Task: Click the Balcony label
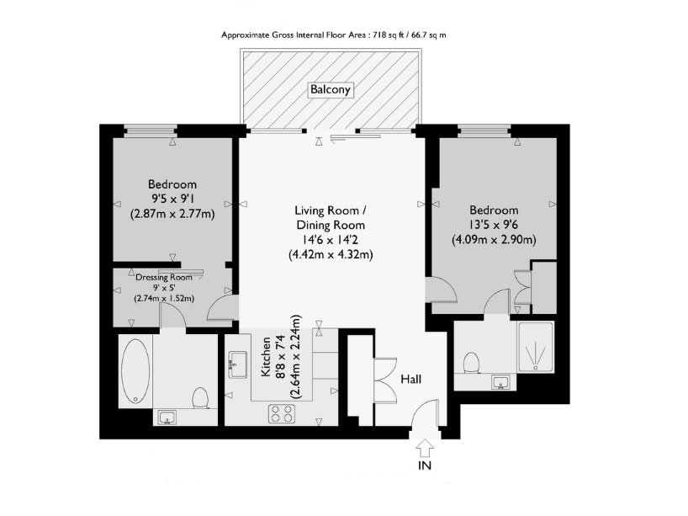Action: [x=330, y=89]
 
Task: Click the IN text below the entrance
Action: [x=425, y=465]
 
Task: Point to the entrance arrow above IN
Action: [x=425, y=445]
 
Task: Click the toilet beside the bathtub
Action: [x=200, y=396]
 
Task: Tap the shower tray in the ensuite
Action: [x=535, y=347]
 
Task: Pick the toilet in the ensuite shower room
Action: [x=471, y=362]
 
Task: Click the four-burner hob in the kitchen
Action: [x=281, y=412]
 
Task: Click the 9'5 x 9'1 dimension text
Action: [x=172, y=199]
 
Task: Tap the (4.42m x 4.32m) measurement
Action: [x=331, y=253]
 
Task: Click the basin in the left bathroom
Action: [x=166, y=417]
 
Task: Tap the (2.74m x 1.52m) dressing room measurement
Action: [x=165, y=297]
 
